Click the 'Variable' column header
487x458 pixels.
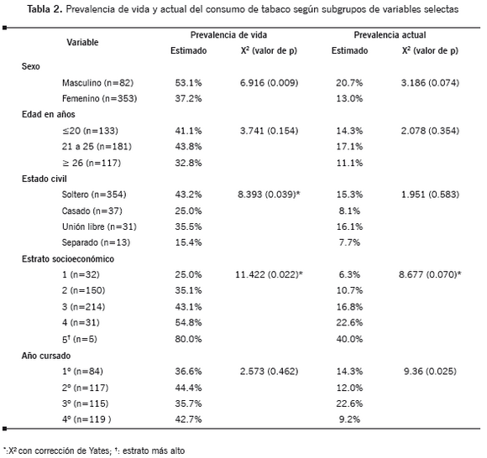coord(82,42)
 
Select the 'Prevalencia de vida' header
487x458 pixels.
coord(228,34)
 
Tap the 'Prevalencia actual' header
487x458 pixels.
coord(390,34)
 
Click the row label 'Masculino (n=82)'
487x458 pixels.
coord(98,83)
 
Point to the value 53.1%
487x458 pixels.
coord(188,83)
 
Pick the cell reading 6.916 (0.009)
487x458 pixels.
coord(269,83)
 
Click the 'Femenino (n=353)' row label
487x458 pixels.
coord(99,99)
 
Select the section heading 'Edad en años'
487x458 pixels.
coord(49,114)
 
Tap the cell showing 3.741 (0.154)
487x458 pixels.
coord(269,131)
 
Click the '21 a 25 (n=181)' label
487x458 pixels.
coord(97,147)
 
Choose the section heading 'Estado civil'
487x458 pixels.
coord(45,179)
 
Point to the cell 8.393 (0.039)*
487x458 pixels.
coord(269,195)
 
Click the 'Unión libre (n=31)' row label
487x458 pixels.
coord(99,226)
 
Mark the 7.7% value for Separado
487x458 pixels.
coord(349,242)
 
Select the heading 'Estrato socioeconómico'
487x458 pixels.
coord(68,259)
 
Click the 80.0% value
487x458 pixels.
coord(188,339)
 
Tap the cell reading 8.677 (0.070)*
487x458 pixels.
coord(430,274)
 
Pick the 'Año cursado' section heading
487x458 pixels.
coord(46,356)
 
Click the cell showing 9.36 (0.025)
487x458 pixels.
coord(430,372)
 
